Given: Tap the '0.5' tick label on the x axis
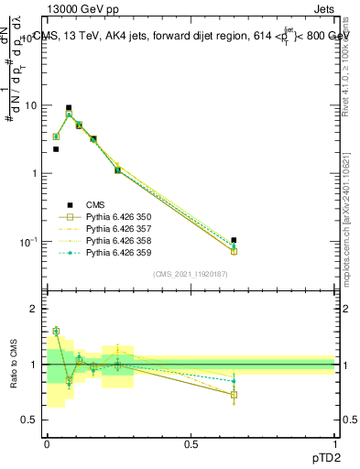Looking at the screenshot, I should point(191,443).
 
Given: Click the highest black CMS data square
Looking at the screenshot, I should point(69,108).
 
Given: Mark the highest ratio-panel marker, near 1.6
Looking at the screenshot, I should point(56,331).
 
